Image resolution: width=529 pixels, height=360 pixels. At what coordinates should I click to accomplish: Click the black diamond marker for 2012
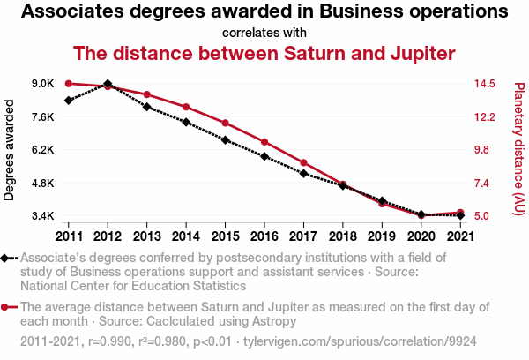pos(108,84)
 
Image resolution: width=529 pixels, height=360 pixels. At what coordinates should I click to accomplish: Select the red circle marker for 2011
pos(69,84)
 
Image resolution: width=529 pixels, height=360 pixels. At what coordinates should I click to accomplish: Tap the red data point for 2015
pos(225,123)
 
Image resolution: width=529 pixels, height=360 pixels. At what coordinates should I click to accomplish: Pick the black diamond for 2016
pos(264,156)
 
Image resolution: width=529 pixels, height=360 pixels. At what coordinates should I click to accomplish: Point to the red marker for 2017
pos(303,162)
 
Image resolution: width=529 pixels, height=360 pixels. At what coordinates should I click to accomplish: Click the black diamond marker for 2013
pos(146,107)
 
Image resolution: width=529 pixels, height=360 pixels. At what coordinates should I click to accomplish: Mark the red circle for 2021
pos(459,213)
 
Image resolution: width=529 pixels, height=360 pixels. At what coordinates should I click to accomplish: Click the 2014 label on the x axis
pos(186,236)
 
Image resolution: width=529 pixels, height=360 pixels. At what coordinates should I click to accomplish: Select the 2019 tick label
pos(381,236)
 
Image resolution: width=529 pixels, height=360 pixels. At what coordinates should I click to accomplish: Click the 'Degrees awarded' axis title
pos(10,150)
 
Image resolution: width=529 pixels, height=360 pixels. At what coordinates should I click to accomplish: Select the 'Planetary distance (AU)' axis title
pos(518,150)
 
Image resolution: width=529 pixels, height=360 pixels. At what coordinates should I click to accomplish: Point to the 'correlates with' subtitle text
pos(264,33)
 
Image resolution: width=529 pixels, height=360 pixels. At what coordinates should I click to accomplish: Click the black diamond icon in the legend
pos(6,258)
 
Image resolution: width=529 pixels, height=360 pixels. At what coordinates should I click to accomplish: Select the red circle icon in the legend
pos(6,307)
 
